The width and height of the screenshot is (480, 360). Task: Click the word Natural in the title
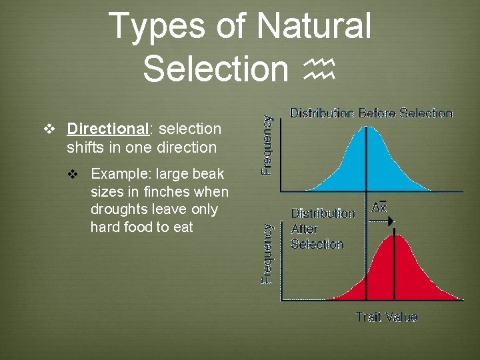pos(313,27)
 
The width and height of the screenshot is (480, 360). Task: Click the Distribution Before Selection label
pos(371,113)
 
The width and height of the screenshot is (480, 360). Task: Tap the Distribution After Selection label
pos(321,229)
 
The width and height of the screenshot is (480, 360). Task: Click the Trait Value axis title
pos(386,317)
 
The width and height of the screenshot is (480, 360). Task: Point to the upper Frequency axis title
pos(267,145)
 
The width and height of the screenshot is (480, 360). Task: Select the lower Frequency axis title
pos(267,253)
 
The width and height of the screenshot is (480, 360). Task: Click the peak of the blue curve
pos(367,128)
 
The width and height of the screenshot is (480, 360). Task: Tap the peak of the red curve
pos(395,236)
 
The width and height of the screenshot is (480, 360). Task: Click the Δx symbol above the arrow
pos(379,207)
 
